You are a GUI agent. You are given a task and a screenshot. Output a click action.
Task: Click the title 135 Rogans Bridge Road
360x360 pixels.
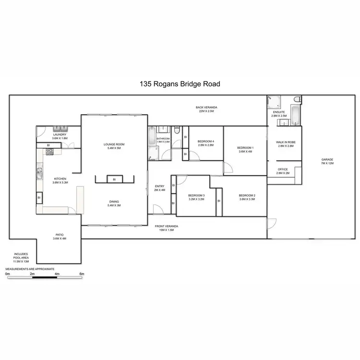[x=180, y=84]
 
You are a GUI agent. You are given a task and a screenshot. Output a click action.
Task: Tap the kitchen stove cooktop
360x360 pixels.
[x=49, y=152]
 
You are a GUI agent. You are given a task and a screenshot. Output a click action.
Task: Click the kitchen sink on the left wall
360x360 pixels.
[x=39, y=169]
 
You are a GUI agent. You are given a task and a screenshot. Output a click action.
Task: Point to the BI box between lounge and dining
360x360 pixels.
[x=114, y=179]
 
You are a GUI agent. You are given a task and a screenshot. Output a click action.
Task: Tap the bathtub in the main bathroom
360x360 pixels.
[x=152, y=135]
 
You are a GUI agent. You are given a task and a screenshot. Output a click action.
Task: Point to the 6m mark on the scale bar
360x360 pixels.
[x=82, y=275]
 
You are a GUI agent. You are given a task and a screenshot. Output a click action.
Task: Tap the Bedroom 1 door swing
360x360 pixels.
[x=228, y=167]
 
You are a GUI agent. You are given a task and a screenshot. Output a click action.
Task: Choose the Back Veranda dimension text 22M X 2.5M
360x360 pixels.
[x=206, y=111]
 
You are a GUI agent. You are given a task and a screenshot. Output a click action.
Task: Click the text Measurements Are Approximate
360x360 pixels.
[x=30, y=269]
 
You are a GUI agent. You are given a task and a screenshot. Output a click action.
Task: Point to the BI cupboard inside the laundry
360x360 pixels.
[x=48, y=145]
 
